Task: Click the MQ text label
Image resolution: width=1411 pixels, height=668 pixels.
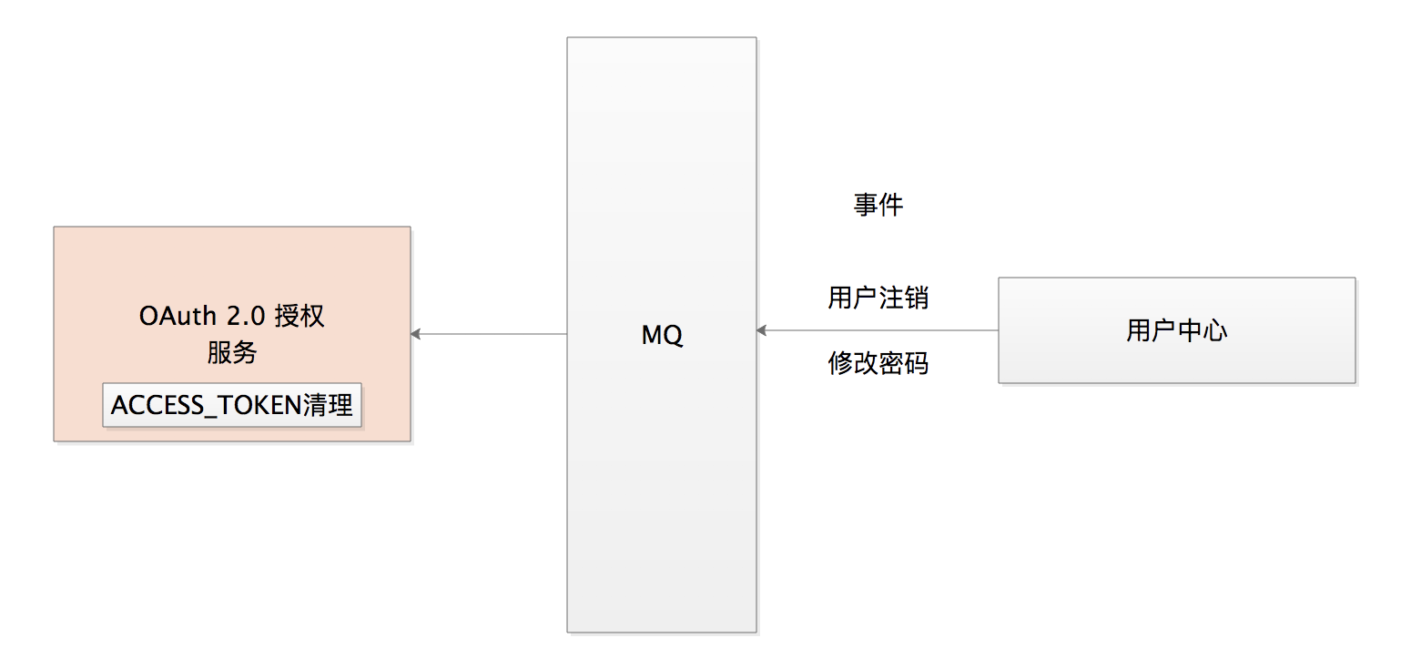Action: click(662, 335)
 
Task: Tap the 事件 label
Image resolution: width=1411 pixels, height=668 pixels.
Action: click(878, 205)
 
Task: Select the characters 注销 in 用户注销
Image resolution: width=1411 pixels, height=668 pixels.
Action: click(903, 298)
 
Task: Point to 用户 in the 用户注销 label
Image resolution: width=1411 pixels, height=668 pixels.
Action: click(852, 298)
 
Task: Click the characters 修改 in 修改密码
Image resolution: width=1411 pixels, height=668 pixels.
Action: click(852, 364)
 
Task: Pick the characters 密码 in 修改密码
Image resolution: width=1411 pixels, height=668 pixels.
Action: click(903, 364)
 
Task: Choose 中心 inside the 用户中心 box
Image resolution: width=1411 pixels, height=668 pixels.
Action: click(1202, 329)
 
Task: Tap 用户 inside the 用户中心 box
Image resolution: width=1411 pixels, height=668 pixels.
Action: click(1152, 329)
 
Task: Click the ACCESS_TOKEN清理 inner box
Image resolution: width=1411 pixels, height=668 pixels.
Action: click(232, 405)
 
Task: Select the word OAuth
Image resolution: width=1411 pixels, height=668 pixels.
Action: click(178, 316)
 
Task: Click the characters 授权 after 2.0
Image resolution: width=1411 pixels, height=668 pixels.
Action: click(299, 316)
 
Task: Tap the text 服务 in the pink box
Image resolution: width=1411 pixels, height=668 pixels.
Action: click(232, 352)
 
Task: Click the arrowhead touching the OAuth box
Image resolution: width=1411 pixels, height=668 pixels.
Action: click(416, 334)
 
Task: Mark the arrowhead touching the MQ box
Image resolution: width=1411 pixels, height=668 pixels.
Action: click(762, 330)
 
